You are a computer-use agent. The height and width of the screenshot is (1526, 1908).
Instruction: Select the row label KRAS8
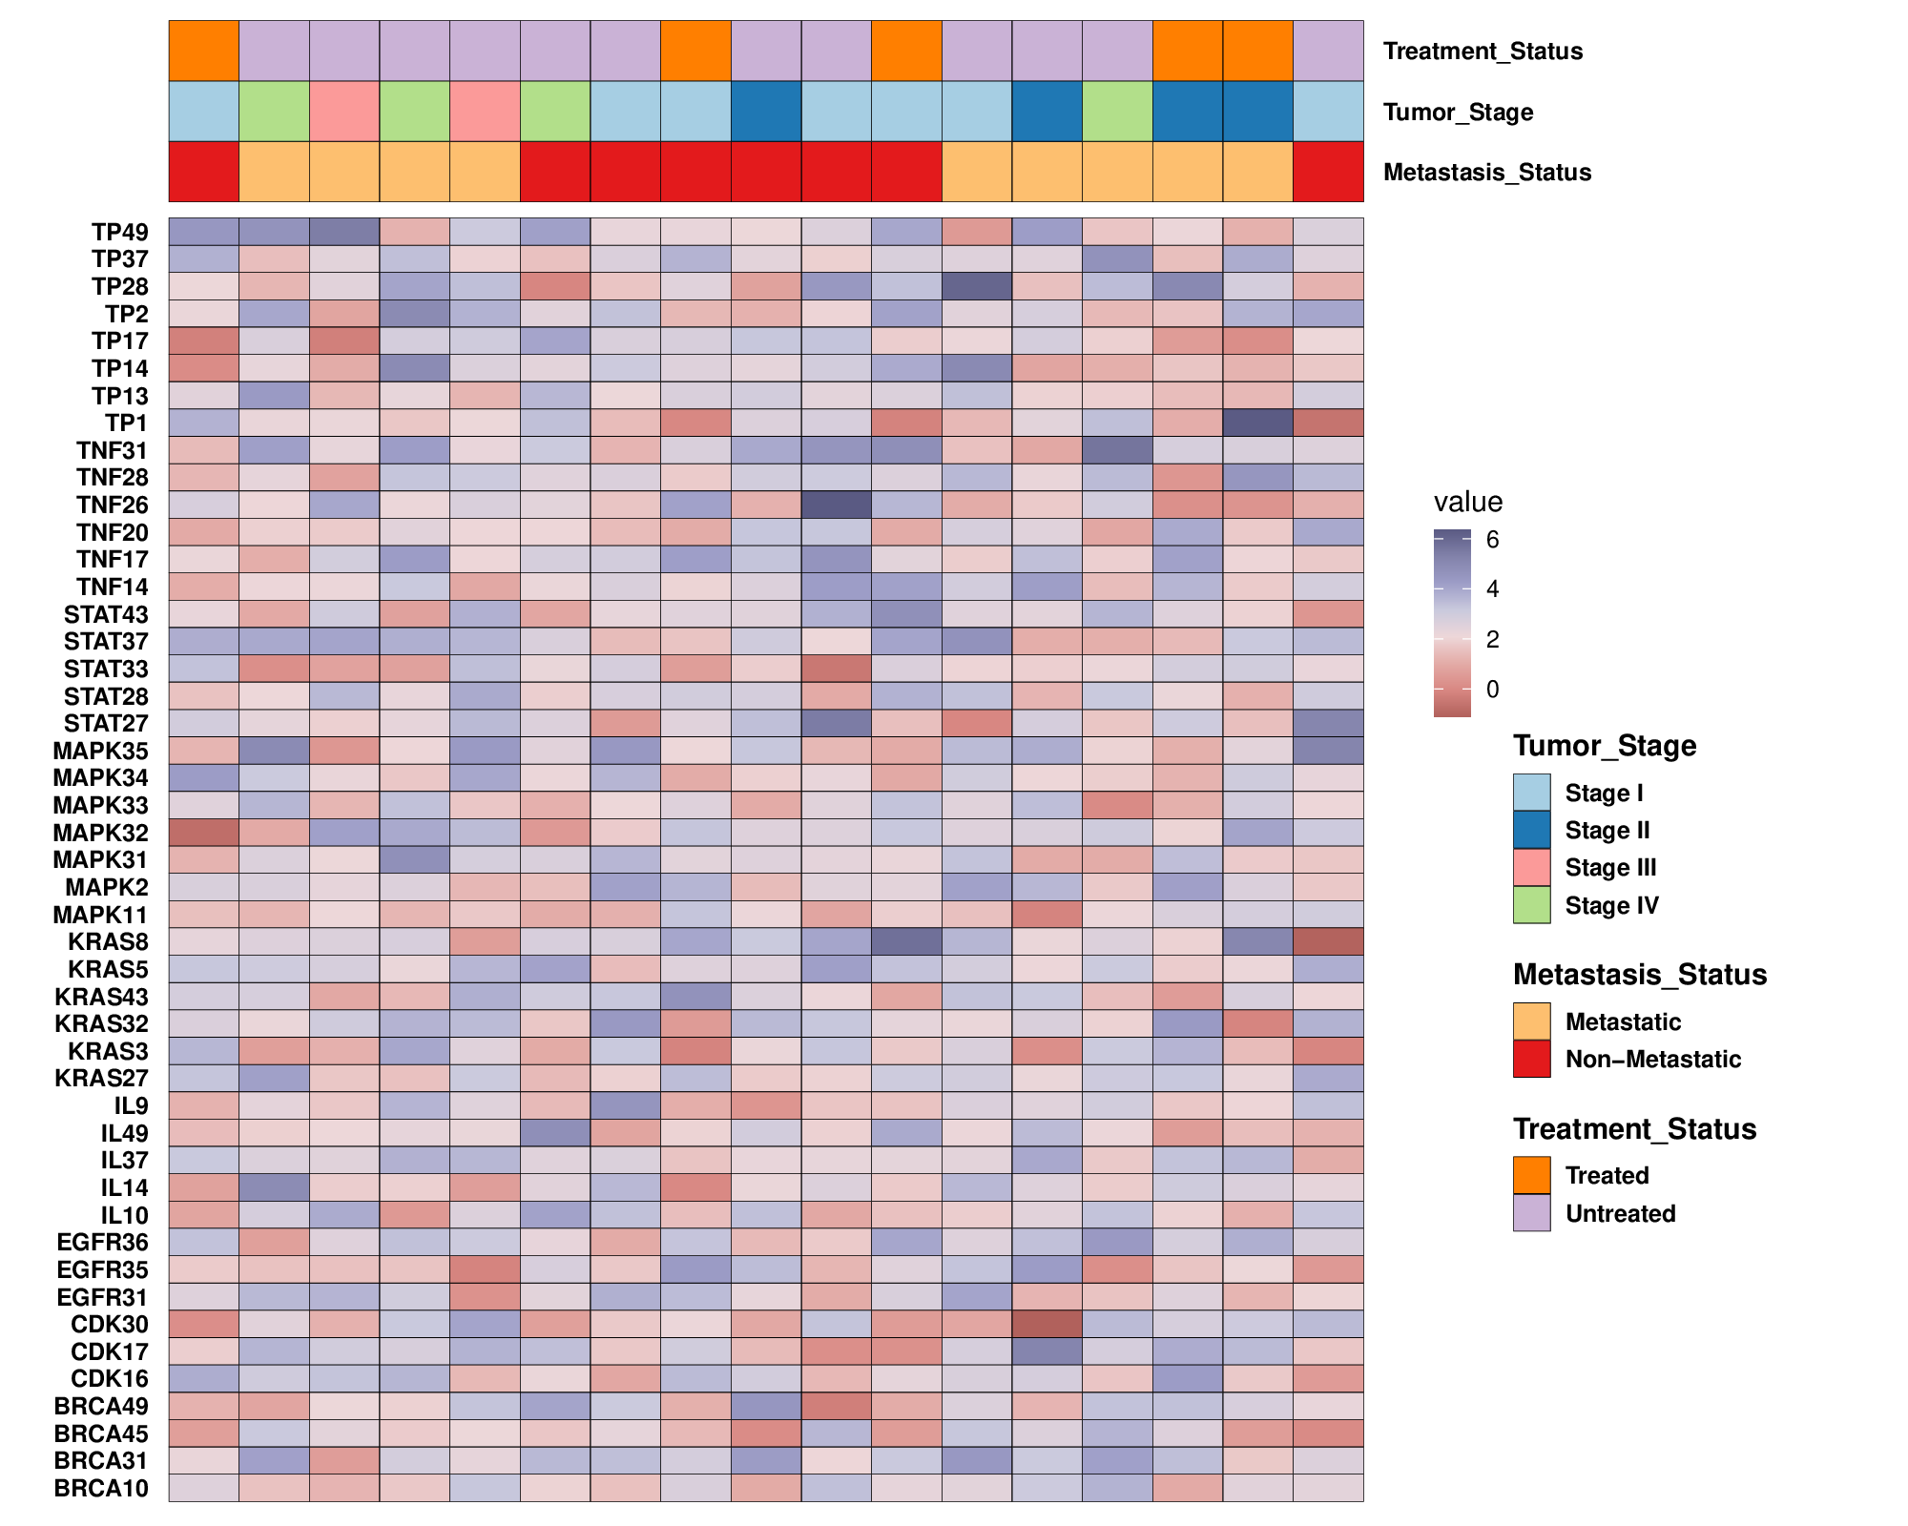pos(108,942)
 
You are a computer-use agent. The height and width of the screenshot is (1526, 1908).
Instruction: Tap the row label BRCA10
pos(101,1488)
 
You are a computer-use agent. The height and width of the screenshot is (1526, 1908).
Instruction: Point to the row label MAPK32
pos(101,833)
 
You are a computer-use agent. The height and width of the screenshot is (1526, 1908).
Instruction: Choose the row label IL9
pos(131,1105)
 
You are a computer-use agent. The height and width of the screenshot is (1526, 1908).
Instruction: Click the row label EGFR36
pos(102,1242)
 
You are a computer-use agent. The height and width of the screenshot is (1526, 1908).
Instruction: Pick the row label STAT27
pos(106,724)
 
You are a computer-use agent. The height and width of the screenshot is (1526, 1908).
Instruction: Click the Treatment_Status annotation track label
pos(1483,51)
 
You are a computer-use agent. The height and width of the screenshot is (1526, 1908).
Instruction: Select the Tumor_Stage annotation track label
pos(1458,112)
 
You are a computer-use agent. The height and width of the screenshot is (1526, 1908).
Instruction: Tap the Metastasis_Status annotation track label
pos(1486,173)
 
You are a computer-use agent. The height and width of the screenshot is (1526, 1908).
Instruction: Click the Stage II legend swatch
pos(1531,830)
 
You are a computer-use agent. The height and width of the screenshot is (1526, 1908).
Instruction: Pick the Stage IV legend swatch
pos(1531,905)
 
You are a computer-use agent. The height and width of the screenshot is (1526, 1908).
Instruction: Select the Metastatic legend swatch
pos(1531,1021)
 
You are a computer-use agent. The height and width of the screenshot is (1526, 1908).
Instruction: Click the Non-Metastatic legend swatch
pos(1531,1059)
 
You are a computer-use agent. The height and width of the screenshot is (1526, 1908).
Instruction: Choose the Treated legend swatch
pos(1531,1175)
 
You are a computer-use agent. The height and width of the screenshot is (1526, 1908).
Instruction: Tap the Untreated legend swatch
pos(1531,1213)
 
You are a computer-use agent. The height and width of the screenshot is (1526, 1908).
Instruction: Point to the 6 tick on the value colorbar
pos(1492,540)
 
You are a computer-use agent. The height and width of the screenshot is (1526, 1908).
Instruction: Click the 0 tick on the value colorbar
pos(1492,689)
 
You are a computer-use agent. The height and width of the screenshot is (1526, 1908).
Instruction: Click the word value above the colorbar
pos(1467,502)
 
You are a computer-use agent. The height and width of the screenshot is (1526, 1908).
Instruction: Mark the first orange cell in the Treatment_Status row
pos(203,51)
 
